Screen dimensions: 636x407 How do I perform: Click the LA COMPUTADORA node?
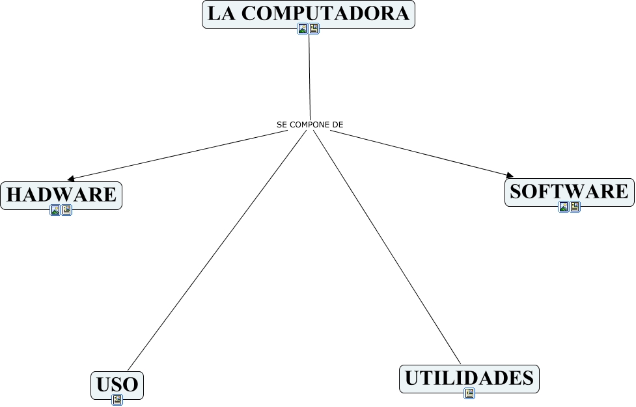click(x=308, y=14)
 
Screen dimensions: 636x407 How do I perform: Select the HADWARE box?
click(x=61, y=194)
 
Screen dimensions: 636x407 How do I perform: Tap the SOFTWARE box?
click(x=569, y=191)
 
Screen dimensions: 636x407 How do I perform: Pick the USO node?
click(x=117, y=384)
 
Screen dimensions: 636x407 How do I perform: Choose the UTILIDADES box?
click(x=469, y=378)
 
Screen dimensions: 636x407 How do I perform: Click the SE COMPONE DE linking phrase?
click(x=310, y=124)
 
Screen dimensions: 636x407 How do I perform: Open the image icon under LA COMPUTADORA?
click(x=303, y=29)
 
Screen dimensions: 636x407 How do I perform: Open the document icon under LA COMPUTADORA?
click(x=314, y=29)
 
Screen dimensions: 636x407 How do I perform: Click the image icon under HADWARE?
click(x=55, y=210)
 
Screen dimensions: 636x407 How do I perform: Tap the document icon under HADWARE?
click(x=66, y=210)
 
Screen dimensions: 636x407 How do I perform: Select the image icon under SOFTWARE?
click(x=564, y=207)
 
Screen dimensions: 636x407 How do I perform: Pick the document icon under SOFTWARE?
click(x=575, y=207)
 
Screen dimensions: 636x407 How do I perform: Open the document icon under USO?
click(x=117, y=399)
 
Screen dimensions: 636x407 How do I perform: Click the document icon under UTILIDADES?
click(x=469, y=393)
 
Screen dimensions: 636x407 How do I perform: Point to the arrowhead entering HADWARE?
click(x=72, y=178)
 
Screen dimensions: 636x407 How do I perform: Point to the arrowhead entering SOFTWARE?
click(x=509, y=175)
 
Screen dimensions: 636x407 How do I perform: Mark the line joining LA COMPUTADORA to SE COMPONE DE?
click(x=309, y=75)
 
